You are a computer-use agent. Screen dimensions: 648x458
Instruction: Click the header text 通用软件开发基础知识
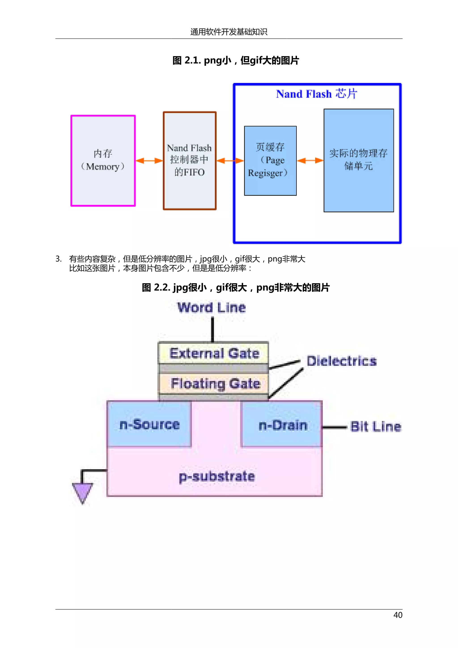tap(229, 32)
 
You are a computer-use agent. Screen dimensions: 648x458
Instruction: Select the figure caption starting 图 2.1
tap(235, 60)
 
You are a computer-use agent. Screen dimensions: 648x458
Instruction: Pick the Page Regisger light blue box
tap(270, 161)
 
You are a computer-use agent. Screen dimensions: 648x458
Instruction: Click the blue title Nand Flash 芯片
tap(316, 94)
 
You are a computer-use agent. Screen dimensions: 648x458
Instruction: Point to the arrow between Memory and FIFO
tap(149, 161)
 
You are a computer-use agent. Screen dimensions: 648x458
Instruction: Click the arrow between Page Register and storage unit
tap(310, 161)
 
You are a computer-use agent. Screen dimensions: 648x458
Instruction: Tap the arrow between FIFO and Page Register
tap(230, 161)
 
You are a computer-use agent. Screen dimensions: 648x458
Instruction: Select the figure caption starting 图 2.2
tap(235, 288)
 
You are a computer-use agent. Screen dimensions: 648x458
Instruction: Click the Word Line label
tap(212, 308)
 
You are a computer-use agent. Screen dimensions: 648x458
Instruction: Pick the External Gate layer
tap(214, 353)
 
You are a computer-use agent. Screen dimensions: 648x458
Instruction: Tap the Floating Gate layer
tap(215, 384)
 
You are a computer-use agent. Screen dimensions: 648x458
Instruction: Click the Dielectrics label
tap(341, 361)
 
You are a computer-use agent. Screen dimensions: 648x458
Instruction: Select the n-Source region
tap(149, 424)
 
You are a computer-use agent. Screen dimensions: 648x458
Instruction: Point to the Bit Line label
tap(375, 426)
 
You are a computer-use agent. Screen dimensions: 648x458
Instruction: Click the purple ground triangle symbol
tap(82, 492)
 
